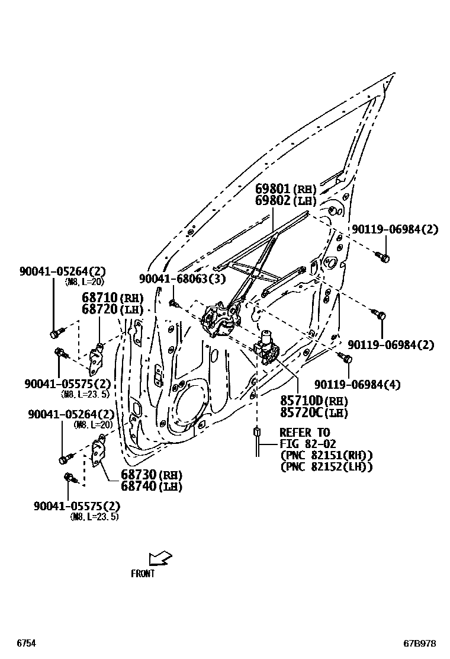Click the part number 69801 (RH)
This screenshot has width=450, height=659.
(286, 189)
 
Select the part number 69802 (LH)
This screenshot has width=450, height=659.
(286, 201)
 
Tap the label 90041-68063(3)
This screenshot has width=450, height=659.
(182, 279)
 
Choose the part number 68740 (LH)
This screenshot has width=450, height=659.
(151, 487)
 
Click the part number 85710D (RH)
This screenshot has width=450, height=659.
(314, 401)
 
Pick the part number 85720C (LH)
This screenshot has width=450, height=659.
(314, 413)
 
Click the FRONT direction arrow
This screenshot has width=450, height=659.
(160, 558)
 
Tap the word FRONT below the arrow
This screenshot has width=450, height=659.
(143, 574)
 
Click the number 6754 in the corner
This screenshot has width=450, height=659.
(26, 643)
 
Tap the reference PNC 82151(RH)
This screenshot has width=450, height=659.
(326, 455)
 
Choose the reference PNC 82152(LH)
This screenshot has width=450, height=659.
(326, 467)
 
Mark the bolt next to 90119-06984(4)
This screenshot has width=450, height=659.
(345, 357)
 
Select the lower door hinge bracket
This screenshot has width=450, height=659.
(98, 453)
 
